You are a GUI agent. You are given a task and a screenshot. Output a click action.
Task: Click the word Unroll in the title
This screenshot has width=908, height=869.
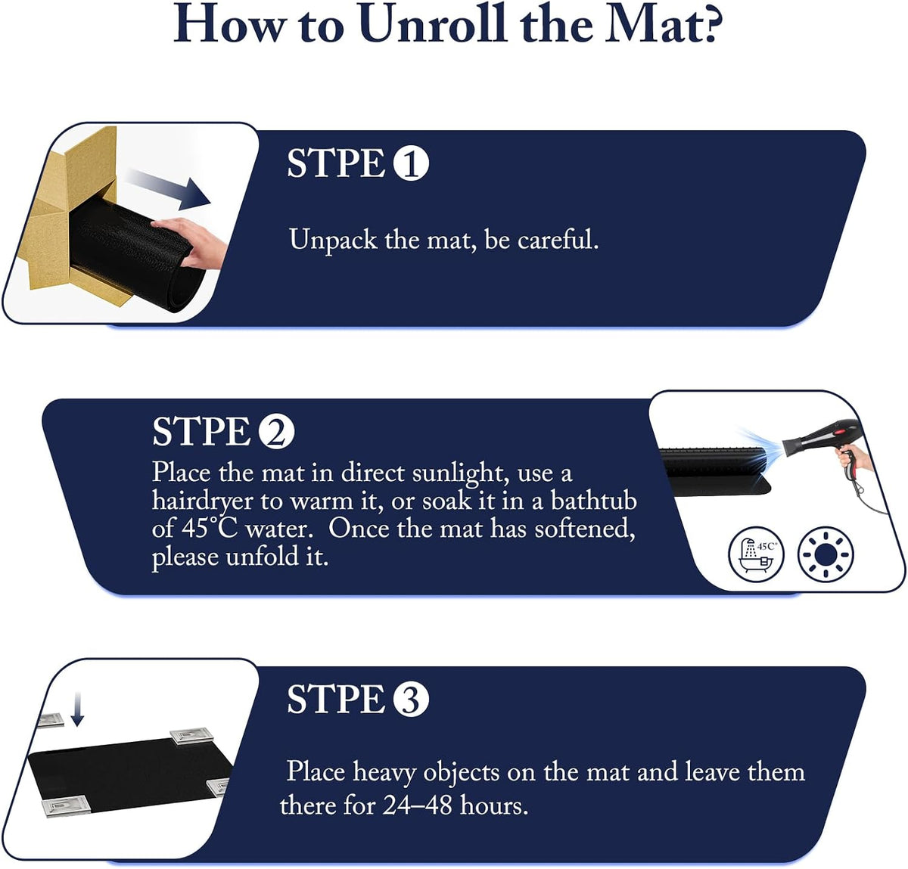click(x=433, y=23)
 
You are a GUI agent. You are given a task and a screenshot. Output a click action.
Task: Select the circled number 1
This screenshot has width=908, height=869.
click(x=411, y=163)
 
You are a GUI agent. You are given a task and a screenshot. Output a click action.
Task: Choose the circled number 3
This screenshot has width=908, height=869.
click(x=411, y=699)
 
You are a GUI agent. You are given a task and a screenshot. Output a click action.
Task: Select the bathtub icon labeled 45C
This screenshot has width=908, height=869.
click(x=757, y=554)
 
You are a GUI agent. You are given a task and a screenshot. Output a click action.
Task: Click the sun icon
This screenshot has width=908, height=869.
click(x=826, y=554)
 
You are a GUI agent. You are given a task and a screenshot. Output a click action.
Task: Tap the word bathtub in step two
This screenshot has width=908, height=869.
click(x=593, y=501)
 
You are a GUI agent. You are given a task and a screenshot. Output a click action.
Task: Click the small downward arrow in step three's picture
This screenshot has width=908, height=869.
click(x=77, y=709)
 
